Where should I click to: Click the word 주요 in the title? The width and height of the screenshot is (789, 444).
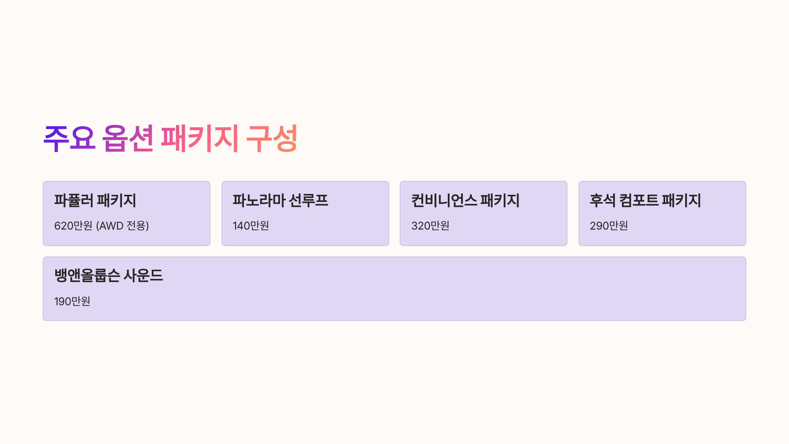click(69, 138)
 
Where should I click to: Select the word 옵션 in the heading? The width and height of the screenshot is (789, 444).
click(128, 138)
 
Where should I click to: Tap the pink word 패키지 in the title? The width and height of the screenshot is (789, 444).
click(200, 138)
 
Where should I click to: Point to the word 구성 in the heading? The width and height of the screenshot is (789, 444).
click(272, 138)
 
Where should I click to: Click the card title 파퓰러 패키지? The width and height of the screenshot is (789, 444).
click(95, 200)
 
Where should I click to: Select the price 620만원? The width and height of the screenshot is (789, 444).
click(73, 226)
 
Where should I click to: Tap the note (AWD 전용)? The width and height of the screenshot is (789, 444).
click(122, 226)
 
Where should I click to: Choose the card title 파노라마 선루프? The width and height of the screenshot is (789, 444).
click(280, 200)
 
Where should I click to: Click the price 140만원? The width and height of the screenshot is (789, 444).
click(251, 226)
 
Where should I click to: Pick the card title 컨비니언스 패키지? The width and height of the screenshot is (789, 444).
click(465, 200)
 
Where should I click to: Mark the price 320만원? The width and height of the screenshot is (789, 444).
click(430, 226)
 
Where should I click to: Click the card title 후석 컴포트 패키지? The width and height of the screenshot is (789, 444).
click(645, 200)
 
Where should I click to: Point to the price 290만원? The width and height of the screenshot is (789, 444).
click(609, 226)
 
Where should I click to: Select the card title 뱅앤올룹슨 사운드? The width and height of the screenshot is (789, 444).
click(108, 275)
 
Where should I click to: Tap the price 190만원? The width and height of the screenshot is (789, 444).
click(72, 301)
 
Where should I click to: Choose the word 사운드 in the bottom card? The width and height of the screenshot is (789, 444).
click(143, 275)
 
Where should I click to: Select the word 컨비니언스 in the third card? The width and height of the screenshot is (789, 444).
click(444, 200)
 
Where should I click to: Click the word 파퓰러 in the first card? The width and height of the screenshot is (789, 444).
click(74, 200)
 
